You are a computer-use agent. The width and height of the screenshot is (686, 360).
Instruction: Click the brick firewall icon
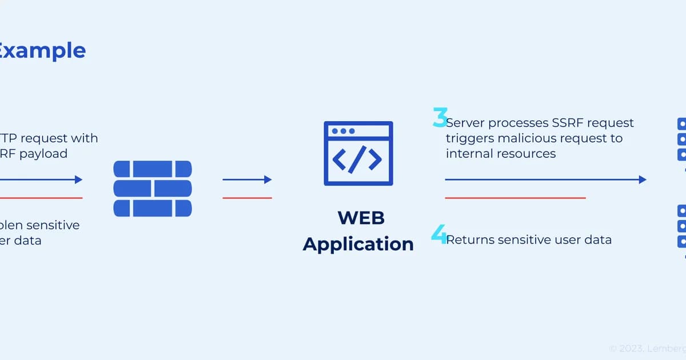(x=153, y=189)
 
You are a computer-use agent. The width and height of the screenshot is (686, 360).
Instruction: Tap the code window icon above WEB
(x=358, y=153)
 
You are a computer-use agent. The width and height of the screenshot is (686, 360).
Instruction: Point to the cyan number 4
(x=439, y=234)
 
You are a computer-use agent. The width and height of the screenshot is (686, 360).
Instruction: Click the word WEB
(x=361, y=218)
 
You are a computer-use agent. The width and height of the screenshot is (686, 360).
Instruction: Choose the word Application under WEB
(x=358, y=244)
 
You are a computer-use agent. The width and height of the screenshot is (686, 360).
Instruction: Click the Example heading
(x=43, y=50)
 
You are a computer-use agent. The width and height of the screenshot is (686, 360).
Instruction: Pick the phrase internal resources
(x=501, y=154)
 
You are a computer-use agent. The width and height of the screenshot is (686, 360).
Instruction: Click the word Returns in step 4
(x=470, y=240)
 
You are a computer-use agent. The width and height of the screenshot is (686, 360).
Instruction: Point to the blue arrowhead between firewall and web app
(x=268, y=179)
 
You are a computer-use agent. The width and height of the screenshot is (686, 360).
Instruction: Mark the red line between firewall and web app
(x=247, y=198)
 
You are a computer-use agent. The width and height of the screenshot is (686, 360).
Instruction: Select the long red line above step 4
(x=514, y=198)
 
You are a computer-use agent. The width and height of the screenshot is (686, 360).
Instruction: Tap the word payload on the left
(x=43, y=154)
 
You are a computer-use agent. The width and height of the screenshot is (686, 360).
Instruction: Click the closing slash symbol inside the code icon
(x=358, y=160)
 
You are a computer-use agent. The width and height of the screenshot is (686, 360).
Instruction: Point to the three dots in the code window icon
(x=343, y=131)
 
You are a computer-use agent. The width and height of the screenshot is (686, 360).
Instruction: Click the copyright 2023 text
(x=646, y=347)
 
